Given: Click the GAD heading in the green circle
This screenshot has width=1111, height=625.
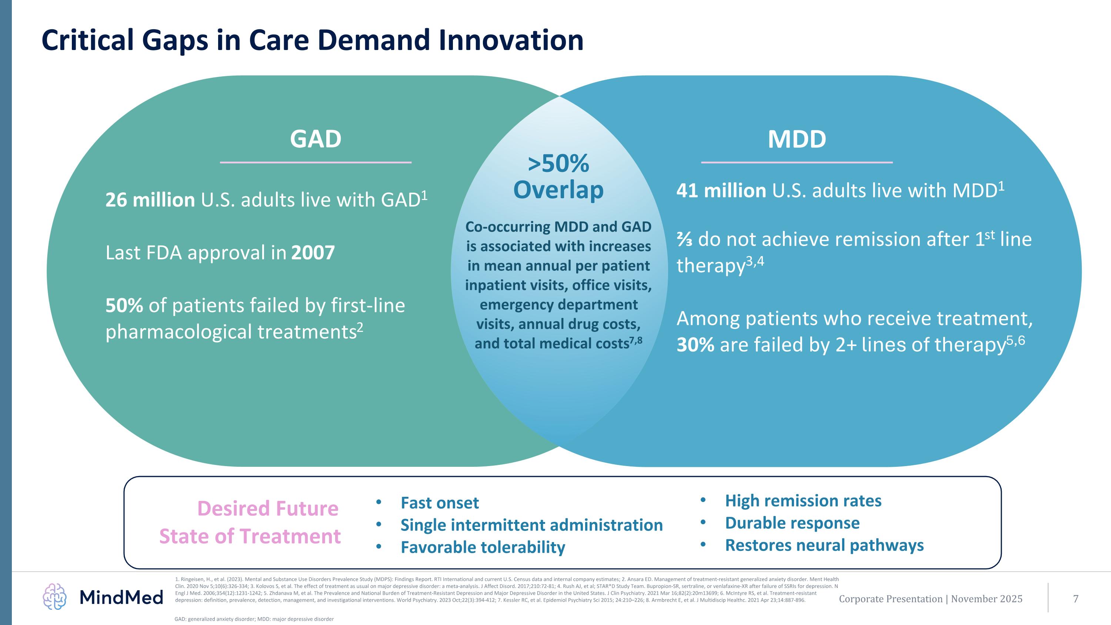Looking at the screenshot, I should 315,139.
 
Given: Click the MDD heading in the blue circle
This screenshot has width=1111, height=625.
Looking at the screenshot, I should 797,139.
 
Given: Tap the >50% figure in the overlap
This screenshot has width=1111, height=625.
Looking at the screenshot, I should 558,164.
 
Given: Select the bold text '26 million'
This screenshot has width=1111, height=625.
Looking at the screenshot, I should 150,200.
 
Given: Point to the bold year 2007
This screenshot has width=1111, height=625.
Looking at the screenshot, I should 313,253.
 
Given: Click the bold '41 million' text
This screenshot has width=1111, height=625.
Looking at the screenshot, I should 721,191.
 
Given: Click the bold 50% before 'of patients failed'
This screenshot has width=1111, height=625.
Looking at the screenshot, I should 124,306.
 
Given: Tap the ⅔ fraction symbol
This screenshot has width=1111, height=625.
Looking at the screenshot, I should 684,240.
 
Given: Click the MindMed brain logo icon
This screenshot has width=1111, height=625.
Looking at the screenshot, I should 55,596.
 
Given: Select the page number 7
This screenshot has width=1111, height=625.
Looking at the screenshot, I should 1076,599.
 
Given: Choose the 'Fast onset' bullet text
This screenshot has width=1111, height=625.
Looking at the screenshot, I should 440,503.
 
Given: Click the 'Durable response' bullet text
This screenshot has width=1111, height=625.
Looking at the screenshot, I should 792,523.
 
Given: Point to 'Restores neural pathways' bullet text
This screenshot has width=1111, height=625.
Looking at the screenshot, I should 824,545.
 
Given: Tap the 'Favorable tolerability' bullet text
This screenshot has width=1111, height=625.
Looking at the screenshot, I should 483,547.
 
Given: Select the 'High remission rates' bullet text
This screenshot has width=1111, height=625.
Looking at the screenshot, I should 803,501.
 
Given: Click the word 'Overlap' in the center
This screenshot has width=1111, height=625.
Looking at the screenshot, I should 558,190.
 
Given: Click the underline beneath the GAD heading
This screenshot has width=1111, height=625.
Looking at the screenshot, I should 315,162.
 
